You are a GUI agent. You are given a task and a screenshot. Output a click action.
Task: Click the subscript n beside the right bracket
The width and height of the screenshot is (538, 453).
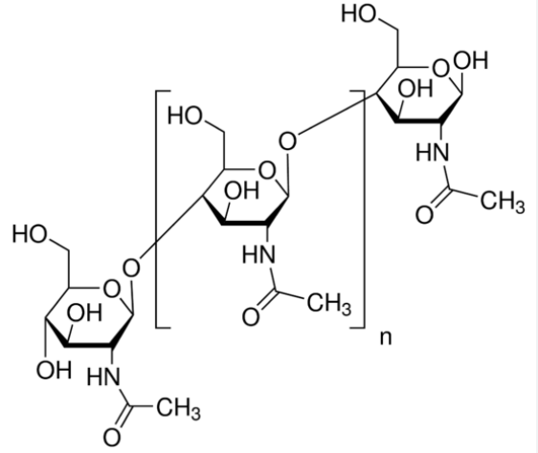pyautogui.click(x=386, y=338)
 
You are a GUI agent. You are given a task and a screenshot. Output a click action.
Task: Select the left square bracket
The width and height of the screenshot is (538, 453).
pyautogui.click(x=157, y=209)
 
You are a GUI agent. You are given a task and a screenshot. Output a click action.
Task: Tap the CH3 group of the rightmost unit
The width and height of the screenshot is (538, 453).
pyautogui.click(x=503, y=202)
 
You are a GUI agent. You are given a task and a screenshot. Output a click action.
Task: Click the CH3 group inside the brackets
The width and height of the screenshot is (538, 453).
pyautogui.click(x=329, y=304)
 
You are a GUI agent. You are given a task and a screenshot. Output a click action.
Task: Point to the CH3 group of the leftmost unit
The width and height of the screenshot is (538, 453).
pyautogui.click(x=178, y=408)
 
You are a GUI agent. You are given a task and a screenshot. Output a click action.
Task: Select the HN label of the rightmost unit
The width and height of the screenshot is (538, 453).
pyautogui.click(x=433, y=152)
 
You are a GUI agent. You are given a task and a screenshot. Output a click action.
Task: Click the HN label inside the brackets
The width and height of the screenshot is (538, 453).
pyautogui.click(x=259, y=254)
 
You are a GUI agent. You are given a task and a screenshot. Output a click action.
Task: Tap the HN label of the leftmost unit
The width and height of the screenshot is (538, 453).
pyautogui.click(x=103, y=377)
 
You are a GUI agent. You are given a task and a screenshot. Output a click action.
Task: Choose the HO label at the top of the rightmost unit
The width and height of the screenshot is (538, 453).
pyautogui.click(x=359, y=14)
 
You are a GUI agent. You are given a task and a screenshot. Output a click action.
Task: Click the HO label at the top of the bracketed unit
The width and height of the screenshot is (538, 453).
pyautogui.click(x=186, y=116)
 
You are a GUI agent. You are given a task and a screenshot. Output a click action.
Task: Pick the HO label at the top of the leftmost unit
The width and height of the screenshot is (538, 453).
pyautogui.click(x=30, y=234)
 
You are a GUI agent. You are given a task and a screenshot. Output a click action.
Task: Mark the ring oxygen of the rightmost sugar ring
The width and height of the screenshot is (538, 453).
pyautogui.click(x=440, y=68)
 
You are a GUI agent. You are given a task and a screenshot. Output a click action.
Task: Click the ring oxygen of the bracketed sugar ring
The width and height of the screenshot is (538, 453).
pyautogui.click(x=267, y=171)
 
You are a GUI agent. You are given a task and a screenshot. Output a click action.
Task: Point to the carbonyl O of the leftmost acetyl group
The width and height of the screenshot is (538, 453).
pyautogui.click(x=112, y=438)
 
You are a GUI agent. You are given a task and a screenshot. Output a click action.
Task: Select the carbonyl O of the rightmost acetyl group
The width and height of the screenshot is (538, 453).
pyautogui.click(x=424, y=215)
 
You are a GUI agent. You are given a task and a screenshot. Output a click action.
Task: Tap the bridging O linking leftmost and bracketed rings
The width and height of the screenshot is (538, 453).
pyautogui.click(x=131, y=268)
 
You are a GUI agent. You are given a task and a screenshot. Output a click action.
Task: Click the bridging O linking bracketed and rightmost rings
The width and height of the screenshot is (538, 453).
pyautogui.click(x=287, y=141)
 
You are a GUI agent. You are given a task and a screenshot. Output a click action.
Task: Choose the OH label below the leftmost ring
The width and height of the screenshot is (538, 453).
pyautogui.click(x=54, y=370)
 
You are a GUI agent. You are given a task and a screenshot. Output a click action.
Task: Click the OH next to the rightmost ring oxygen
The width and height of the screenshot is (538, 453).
pyautogui.click(x=470, y=60)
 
